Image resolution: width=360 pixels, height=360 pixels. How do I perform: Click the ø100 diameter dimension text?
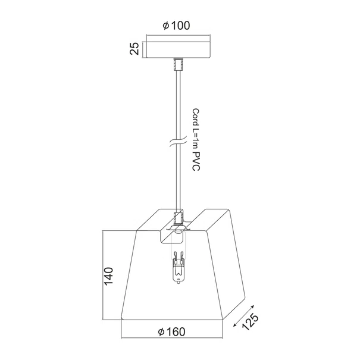coord(176,26)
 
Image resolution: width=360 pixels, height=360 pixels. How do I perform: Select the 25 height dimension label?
coord(134,48)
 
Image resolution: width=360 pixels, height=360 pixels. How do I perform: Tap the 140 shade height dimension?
coord(109,276)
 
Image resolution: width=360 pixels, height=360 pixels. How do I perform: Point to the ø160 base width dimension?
coord(171,332)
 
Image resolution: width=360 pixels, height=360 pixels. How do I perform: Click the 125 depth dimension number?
coord(251,321)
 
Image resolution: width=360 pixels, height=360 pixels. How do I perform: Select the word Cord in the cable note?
coord(196,117)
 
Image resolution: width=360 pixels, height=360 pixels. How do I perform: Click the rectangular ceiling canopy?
coord(178,49)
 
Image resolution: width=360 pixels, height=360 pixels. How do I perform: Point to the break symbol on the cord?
coord(178,143)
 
